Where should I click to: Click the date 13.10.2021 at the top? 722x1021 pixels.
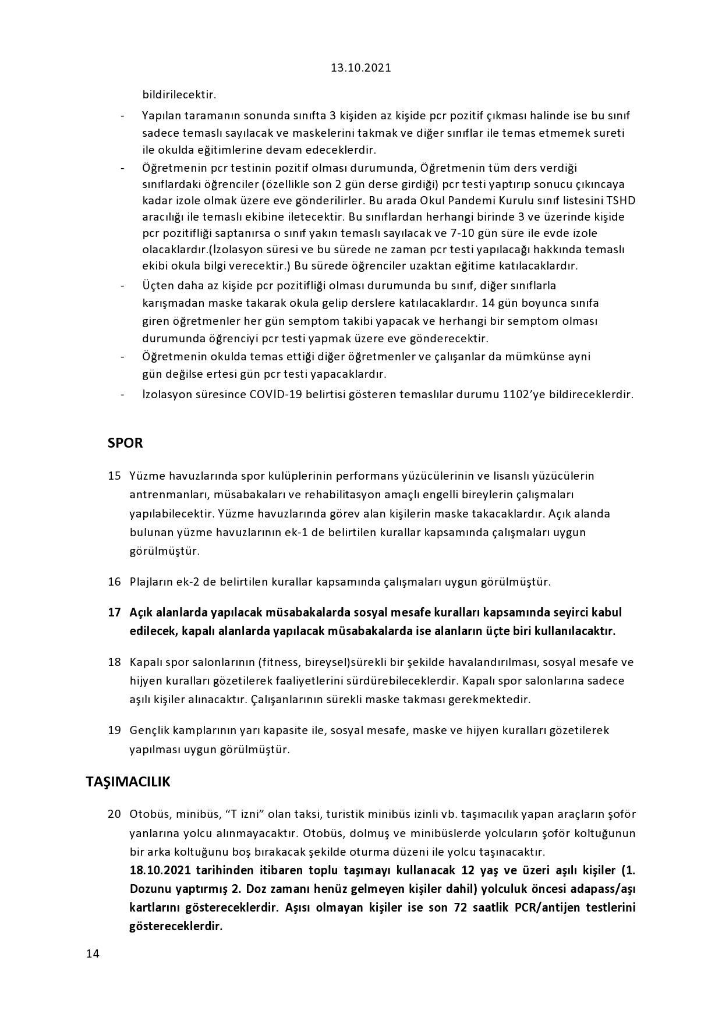click(x=361, y=68)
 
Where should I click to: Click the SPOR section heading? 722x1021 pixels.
click(x=125, y=443)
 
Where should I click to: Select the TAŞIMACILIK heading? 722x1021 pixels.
click(x=128, y=782)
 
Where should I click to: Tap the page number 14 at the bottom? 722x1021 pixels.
click(x=93, y=953)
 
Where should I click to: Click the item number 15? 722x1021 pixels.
click(x=114, y=476)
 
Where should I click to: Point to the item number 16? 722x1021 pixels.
click(x=114, y=582)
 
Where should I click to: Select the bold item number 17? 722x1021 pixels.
click(x=114, y=612)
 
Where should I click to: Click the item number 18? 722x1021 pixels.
click(x=114, y=662)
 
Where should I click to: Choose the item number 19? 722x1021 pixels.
click(x=114, y=730)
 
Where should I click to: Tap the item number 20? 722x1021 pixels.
click(x=114, y=814)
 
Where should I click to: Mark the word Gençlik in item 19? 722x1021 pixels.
click(x=149, y=730)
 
